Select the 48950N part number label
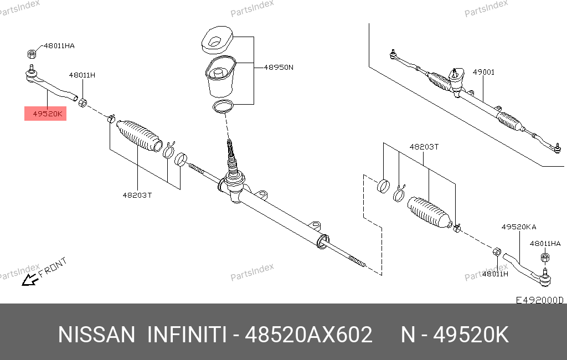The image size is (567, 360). pos(279,68)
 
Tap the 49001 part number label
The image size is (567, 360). pos(483,72)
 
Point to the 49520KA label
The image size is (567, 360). pos(518,227)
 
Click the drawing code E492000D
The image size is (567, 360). pos(539,300)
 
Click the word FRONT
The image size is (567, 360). pos(53,267)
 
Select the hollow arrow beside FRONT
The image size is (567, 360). pos(30,280)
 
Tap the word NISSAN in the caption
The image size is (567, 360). pos(96,335)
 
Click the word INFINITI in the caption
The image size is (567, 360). pos(187,335)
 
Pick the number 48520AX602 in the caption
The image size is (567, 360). pos(308,335)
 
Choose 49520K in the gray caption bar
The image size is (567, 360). pos(471,335)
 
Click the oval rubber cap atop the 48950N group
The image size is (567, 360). pos(217,40)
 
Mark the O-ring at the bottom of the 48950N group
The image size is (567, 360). pos(223,107)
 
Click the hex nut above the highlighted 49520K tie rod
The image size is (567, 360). pos(32,54)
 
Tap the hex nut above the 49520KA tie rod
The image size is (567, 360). pos(545,258)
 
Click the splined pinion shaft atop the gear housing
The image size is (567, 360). pos(231,156)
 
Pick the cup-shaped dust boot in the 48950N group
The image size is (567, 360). pos(220,76)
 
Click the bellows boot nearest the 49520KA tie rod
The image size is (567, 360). pos(430,212)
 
